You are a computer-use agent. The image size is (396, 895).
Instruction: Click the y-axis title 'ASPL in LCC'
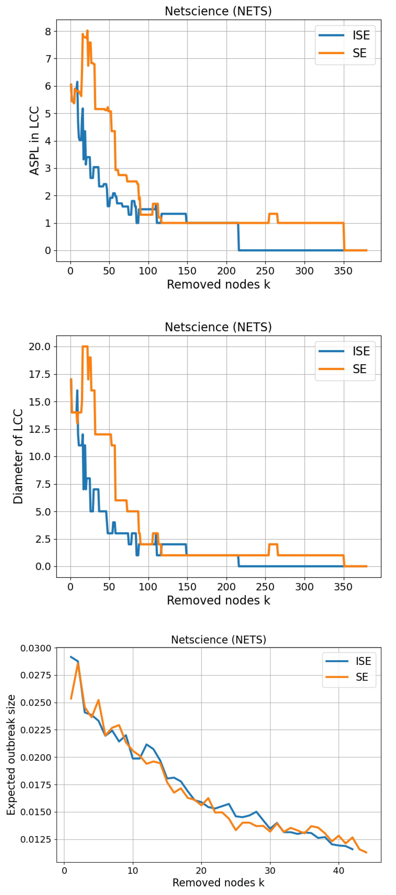point(34,140)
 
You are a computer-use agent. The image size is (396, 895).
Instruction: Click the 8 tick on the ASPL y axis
point(48,32)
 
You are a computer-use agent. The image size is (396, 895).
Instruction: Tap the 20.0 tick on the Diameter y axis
point(39,347)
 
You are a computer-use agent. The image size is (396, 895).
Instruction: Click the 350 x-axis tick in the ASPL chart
point(343,271)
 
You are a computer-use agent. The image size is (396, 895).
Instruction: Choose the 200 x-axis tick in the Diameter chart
point(226,587)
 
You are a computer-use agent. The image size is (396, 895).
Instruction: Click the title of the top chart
point(218,11)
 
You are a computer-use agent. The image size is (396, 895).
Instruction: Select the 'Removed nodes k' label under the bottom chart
point(218,883)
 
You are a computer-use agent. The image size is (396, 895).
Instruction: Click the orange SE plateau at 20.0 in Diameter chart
point(85,347)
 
